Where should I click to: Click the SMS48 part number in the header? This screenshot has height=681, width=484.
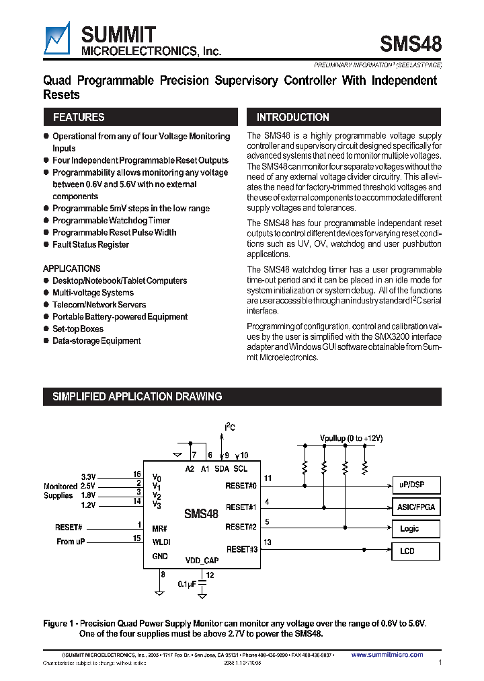(x=411, y=44)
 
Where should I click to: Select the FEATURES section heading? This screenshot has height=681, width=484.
(x=79, y=117)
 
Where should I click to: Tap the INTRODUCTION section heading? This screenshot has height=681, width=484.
(x=293, y=117)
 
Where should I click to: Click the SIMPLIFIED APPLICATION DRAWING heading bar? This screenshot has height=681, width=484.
(x=137, y=397)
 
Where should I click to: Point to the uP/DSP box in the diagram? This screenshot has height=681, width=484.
(x=415, y=485)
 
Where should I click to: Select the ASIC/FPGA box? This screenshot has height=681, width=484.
(x=415, y=507)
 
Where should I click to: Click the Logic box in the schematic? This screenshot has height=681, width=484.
(x=415, y=529)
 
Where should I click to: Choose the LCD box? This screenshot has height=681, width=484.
(x=415, y=551)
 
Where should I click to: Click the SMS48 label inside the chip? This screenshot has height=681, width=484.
(x=202, y=514)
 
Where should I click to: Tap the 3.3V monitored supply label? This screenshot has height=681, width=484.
(x=88, y=476)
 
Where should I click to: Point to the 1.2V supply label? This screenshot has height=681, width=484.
(x=88, y=504)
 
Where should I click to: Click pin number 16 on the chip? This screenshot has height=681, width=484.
(x=136, y=474)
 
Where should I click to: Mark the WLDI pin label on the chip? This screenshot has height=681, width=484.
(x=161, y=541)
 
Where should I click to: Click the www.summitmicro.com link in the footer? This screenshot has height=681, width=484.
(x=387, y=655)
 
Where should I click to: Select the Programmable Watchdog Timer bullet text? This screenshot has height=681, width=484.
(x=111, y=221)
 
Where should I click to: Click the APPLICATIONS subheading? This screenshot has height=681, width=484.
(x=72, y=268)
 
